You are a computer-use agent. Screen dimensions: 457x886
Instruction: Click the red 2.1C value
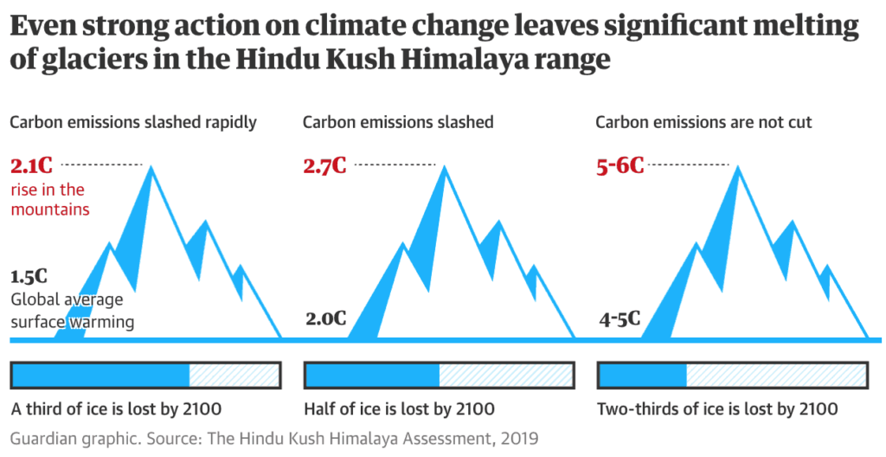point(31,165)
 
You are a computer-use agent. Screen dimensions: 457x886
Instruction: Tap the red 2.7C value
point(324,165)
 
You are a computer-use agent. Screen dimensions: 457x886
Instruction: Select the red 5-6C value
point(620,165)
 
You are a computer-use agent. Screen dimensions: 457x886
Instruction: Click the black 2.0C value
point(325,318)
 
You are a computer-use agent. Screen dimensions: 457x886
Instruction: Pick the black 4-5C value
point(620,318)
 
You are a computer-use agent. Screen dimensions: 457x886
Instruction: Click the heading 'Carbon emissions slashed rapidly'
point(133,122)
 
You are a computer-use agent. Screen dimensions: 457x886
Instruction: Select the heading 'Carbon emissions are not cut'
point(703,122)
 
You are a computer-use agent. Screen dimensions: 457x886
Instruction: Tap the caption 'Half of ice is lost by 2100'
point(399,409)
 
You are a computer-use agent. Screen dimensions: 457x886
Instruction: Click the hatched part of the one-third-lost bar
point(233,375)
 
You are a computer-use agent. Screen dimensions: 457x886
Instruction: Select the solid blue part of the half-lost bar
point(373,375)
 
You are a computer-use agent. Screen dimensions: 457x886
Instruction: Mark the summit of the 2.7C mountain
point(446,165)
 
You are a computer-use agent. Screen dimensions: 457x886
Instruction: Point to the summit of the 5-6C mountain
point(738,165)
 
